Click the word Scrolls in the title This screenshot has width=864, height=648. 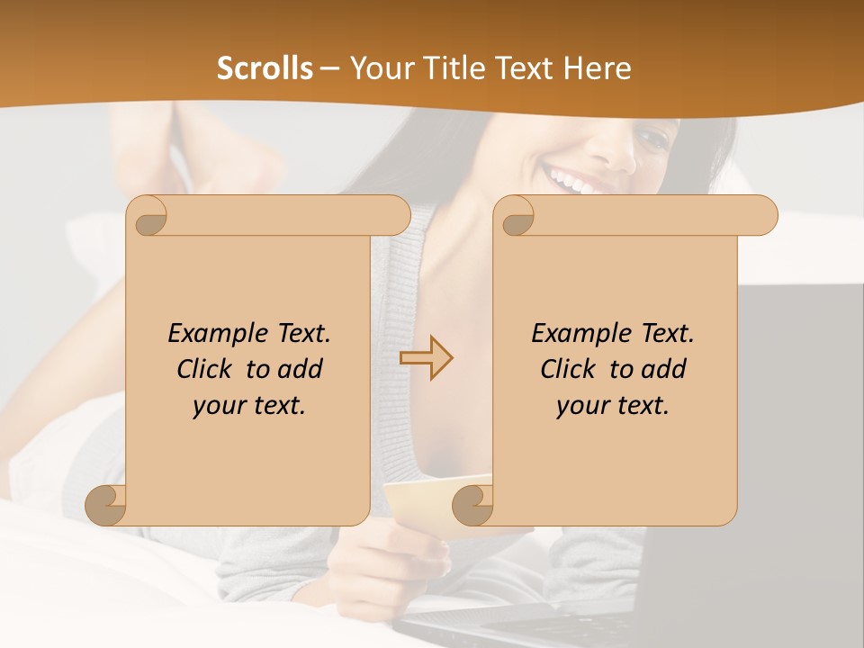(265, 68)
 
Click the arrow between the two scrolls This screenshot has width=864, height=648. (427, 357)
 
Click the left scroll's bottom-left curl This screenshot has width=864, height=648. (106, 505)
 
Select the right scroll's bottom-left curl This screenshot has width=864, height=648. (472, 505)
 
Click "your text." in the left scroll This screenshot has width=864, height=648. (249, 405)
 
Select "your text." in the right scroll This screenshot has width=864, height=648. (613, 405)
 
